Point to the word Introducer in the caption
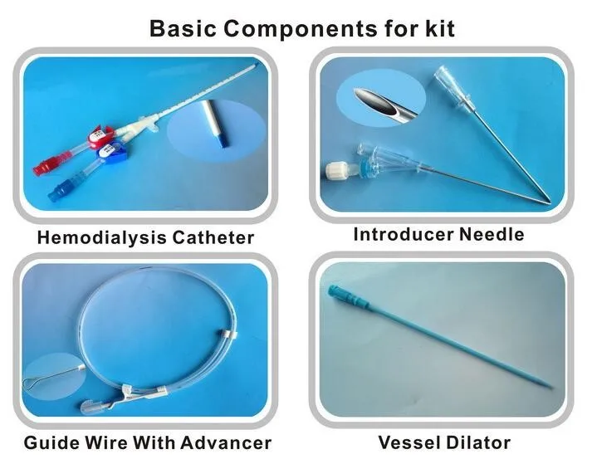[402, 234]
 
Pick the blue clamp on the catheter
[108, 153]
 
